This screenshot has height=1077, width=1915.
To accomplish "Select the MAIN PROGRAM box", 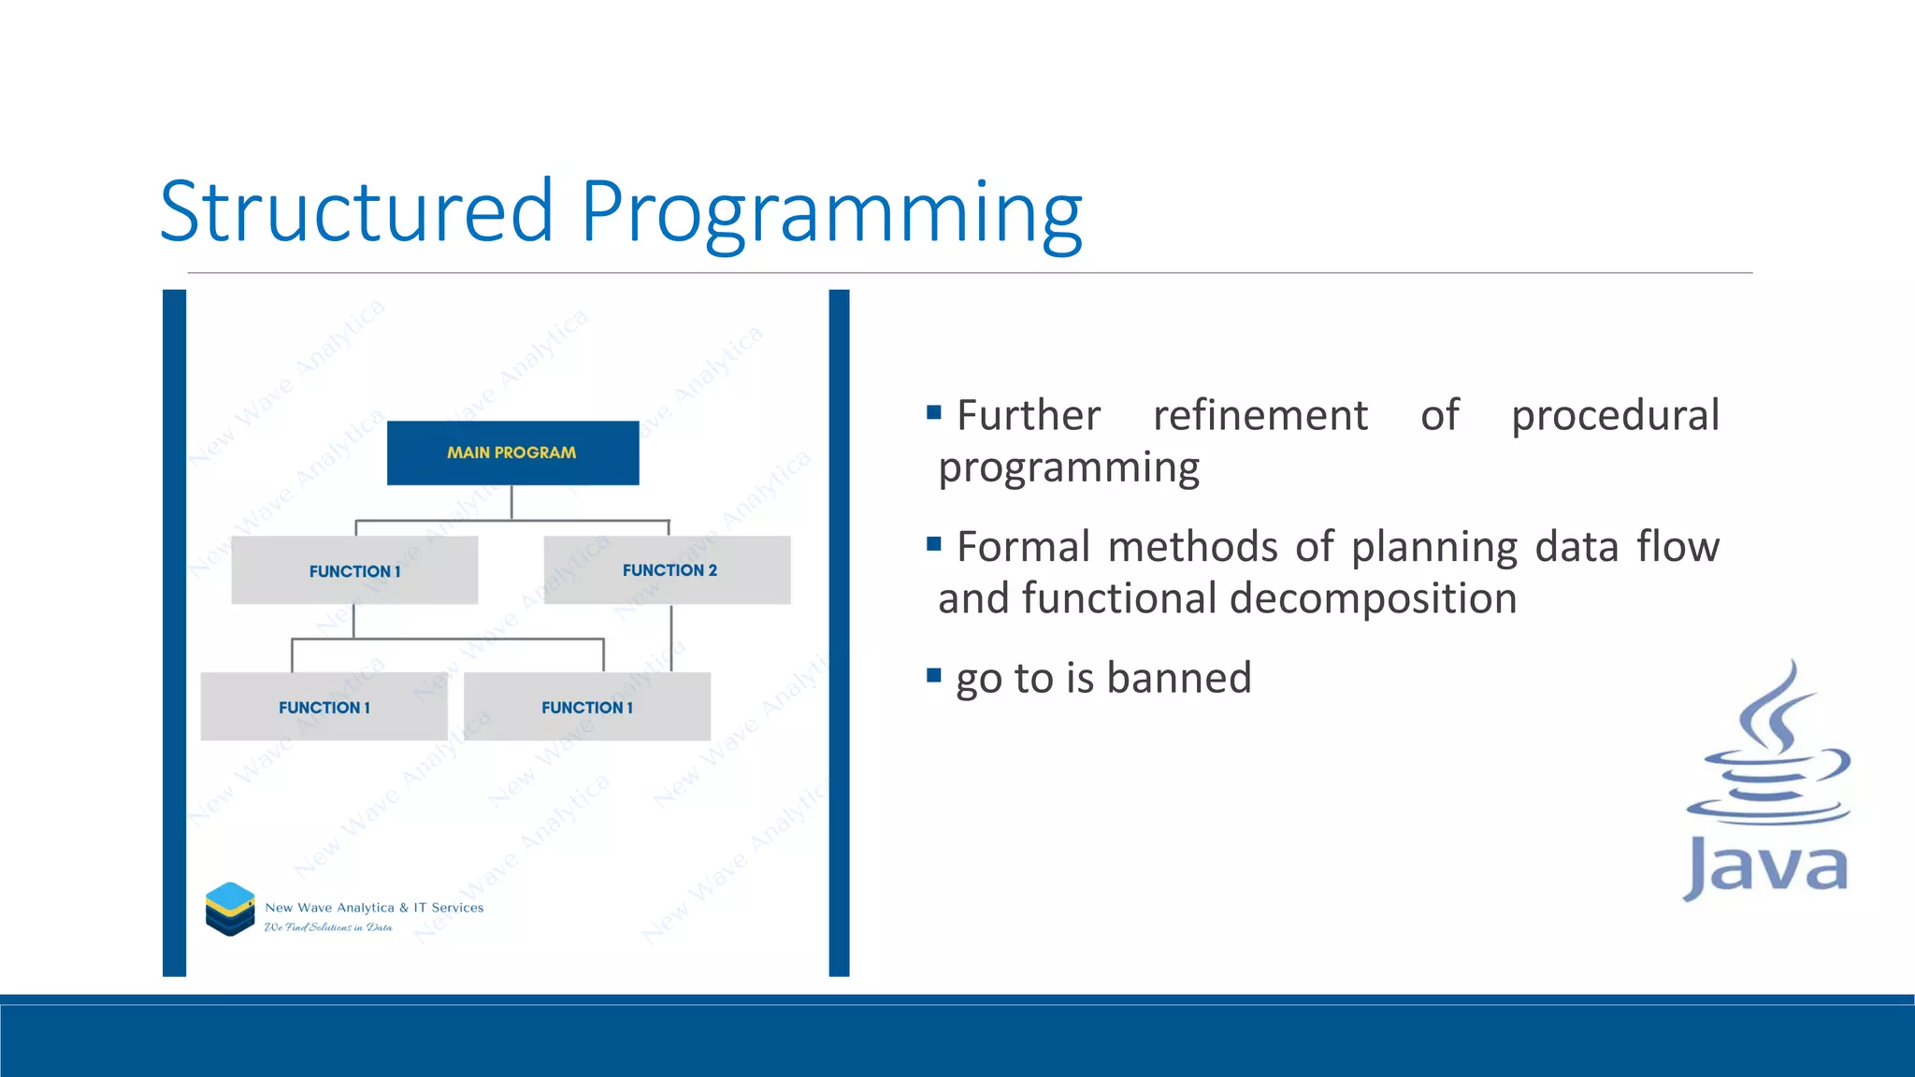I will pyautogui.click(x=512, y=452).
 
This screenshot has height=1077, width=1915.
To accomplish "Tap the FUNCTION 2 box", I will pyautogui.click(x=668, y=570).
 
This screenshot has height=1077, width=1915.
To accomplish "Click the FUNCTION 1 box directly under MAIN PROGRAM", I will pyautogui.click(x=354, y=571).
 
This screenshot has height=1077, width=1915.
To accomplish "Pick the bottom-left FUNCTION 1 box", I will pyautogui.click(x=324, y=708).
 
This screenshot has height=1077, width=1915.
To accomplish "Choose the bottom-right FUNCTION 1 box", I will pyautogui.click(x=586, y=708).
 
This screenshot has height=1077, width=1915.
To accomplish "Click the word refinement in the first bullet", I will pyautogui.click(x=1260, y=415).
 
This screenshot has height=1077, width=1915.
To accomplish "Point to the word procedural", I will pyautogui.click(x=1615, y=415).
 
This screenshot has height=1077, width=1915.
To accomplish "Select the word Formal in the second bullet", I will pyautogui.click(x=1023, y=547).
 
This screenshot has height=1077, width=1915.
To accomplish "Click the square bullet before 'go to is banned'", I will pyautogui.click(x=933, y=675).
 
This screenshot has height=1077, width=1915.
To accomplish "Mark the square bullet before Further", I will pyautogui.click(x=933, y=412).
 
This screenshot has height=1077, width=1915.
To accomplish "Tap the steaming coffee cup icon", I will pyautogui.click(x=1769, y=748).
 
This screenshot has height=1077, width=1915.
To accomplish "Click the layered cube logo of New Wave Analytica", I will pyautogui.click(x=230, y=909).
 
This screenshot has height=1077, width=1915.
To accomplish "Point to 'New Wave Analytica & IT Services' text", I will pyautogui.click(x=374, y=908).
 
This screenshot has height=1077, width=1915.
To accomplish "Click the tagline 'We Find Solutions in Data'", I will pyautogui.click(x=328, y=927).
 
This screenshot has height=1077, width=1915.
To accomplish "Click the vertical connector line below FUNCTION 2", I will pyautogui.click(x=671, y=638).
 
